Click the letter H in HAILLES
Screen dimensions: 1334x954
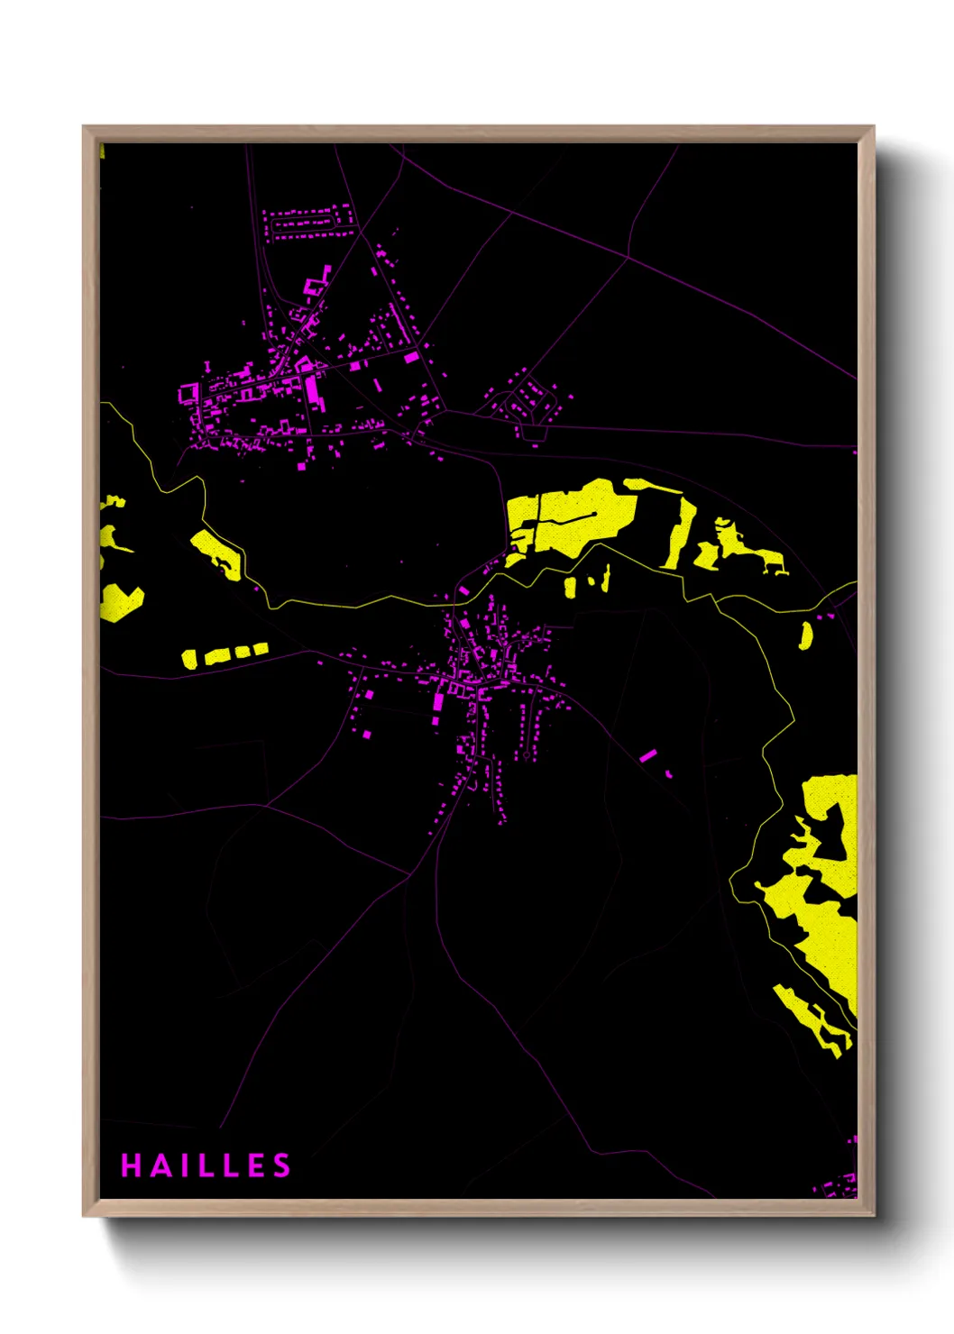130,1165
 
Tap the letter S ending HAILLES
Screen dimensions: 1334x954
282,1165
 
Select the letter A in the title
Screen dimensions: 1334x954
159,1165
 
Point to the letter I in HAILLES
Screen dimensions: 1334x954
183,1165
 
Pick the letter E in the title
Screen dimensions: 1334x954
256,1165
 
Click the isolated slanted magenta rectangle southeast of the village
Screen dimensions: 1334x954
647,754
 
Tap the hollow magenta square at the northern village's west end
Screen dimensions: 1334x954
188,393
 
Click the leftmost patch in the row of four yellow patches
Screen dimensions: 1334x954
188,659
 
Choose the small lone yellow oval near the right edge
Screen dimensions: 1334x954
805,635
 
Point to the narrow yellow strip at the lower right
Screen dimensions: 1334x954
812,1019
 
